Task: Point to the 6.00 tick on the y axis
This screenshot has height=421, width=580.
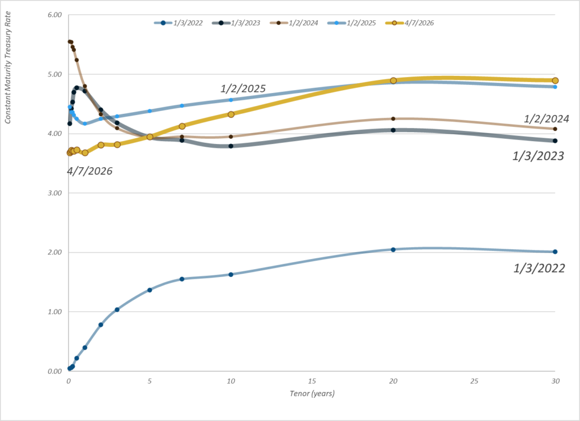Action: coord(54,15)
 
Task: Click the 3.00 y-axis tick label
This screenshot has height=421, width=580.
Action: coord(54,193)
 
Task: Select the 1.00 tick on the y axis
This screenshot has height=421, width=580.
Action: coord(54,312)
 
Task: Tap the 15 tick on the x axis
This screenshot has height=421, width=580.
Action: coord(312,381)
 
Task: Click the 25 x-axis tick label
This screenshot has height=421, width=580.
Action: coord(475,381)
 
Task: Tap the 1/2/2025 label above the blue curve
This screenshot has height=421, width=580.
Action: coord(243,88)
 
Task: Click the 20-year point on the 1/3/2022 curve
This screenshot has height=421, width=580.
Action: coord(393,250)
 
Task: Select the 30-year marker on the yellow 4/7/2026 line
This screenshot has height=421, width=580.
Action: coord(555,80)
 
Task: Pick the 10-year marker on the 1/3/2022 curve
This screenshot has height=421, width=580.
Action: coord(231,274)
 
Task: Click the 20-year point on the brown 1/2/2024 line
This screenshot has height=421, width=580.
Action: coord(393,118)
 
